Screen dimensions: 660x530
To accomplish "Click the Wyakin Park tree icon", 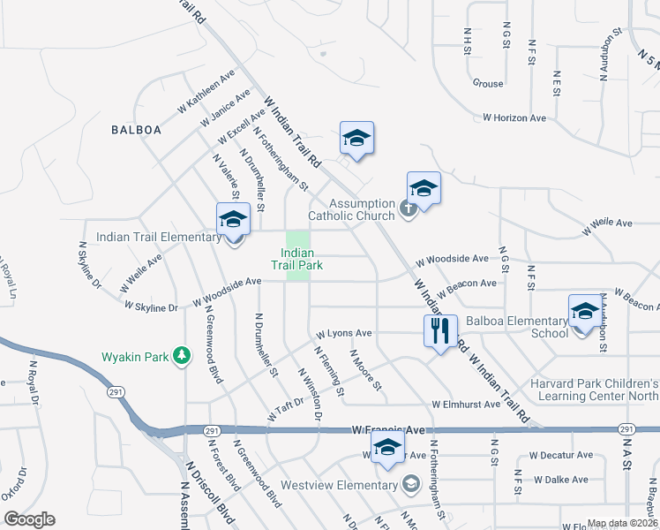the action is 182,356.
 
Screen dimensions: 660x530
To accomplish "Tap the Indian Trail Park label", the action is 296,259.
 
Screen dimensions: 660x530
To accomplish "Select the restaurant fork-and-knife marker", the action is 440,332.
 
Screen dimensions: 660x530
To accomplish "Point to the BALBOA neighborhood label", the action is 137,130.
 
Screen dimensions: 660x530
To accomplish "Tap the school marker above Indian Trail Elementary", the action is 234,219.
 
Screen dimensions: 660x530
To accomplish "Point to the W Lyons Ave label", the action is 344,335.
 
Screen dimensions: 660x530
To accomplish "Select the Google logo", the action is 28,519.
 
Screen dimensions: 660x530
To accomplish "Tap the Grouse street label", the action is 488,84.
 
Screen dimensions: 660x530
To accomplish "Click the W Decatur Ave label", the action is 561,455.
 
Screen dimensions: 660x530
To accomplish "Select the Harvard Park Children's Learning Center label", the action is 594,390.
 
